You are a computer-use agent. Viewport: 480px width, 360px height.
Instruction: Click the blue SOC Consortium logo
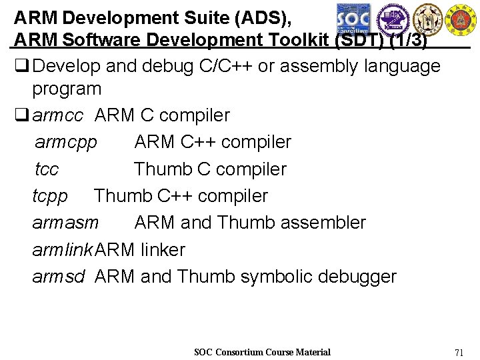(353, 17)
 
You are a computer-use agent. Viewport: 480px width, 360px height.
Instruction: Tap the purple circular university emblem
(391, 17)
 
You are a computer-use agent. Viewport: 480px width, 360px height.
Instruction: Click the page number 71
(459, 352)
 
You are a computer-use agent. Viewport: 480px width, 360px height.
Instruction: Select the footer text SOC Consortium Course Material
(262, 352)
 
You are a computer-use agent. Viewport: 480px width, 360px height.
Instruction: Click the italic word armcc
(57, 115)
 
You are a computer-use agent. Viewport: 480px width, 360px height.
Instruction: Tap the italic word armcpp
(65, 143)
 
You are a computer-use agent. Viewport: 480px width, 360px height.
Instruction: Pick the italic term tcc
(47, 169)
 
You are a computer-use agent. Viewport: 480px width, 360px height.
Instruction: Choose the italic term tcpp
(50, 196)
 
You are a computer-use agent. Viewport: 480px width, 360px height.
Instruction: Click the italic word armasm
(65, 223)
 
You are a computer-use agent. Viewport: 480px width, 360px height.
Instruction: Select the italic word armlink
(63, 250)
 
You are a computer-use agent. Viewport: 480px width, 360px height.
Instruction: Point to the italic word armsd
(59, 277)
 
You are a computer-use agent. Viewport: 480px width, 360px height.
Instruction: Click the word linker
(163, 250)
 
